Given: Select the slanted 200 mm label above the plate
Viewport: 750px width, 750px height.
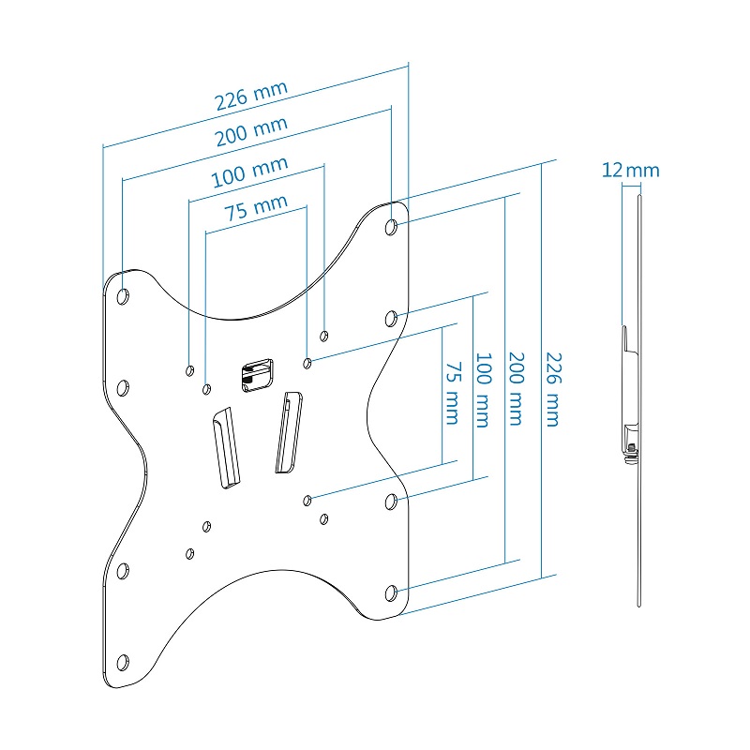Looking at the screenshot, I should click(251, 132).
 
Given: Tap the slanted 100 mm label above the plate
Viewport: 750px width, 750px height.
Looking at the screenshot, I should click(249, 172).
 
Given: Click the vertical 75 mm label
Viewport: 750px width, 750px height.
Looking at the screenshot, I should click(453, 393).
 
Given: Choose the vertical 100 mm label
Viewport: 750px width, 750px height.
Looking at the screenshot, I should click(484, 390).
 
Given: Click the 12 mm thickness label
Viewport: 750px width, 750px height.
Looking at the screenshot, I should click(630, 171).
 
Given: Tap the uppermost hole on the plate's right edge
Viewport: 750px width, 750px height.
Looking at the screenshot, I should click(392, 226).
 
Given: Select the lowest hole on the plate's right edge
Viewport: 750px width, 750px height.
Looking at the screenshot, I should click(393, 592).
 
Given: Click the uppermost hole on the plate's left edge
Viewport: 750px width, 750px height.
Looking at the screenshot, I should click(123, 296).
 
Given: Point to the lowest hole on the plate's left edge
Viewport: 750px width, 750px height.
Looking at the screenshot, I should click(122, 662).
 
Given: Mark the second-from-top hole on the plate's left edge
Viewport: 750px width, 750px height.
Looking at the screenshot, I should click(123, 387).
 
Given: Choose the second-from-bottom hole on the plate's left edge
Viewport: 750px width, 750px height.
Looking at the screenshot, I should click(122, 570).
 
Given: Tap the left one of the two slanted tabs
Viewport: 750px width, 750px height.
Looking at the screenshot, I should click(225, 447).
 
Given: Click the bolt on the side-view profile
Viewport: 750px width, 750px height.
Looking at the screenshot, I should click(632, 452).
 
